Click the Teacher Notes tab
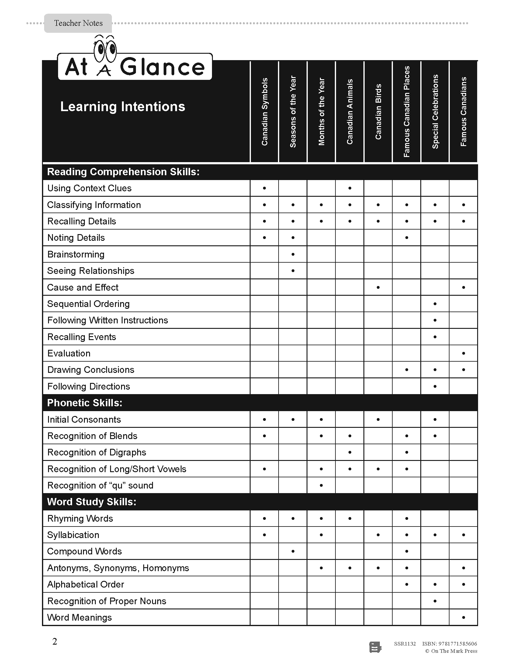(78, 23)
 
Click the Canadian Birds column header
(378, 112)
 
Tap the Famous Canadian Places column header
(406, 112)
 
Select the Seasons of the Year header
(293, 112)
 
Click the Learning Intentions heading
(123, 107)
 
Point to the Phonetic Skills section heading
(85, 403)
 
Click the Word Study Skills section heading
(92, 502)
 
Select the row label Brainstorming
(76, 254)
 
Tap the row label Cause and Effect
(83, 288)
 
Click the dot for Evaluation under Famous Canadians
(463, 353)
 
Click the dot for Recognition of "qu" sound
(321, 486)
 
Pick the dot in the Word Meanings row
(463, 618)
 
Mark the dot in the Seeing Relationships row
(293, 271)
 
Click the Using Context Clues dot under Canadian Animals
(350, 188)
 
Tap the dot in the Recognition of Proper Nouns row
(435, 601)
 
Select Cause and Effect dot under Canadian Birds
(378, 288)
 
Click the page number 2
(55, 641)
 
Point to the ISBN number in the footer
(449, 643)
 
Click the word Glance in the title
(162, 67)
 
